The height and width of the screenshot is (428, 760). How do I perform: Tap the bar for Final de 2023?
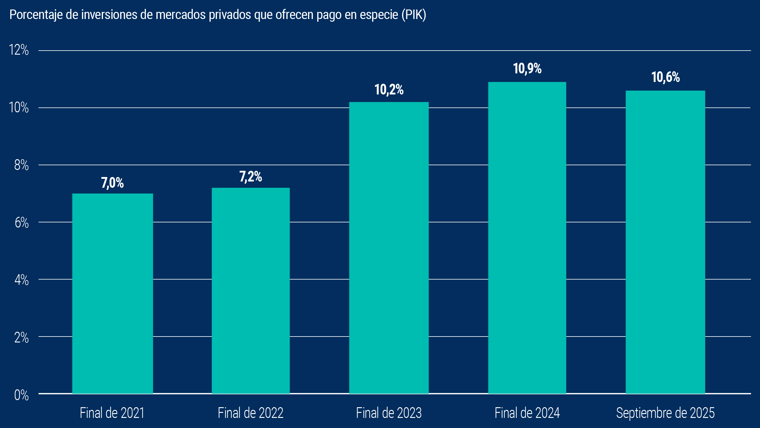click(389, 248)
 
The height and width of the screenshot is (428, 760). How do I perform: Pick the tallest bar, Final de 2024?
click(527, 238)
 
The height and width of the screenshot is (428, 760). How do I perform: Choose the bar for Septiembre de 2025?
click(665, 242)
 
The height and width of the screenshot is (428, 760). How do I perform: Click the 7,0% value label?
click(112, 183)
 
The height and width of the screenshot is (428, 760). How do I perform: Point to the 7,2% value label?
click(250, 177)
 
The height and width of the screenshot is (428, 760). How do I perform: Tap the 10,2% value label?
click(389, 90)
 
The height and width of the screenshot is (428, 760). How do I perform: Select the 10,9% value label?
click(527, 69)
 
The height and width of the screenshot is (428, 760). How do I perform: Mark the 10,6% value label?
click(665, 77)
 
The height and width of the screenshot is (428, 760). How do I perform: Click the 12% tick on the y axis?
click(19, 50)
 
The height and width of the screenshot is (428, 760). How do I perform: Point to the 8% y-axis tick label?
click(21, 165)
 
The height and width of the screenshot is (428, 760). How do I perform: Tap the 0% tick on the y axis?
click(21, 395)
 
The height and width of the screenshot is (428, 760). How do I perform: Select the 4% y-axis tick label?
click(21, 280)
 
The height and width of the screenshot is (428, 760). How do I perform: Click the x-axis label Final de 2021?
click(112, 413)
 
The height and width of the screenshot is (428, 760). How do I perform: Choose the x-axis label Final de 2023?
click(389, 413)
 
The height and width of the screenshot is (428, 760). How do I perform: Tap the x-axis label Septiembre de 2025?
click(665, 413)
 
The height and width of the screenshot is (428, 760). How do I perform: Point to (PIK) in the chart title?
click(414, 15)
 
